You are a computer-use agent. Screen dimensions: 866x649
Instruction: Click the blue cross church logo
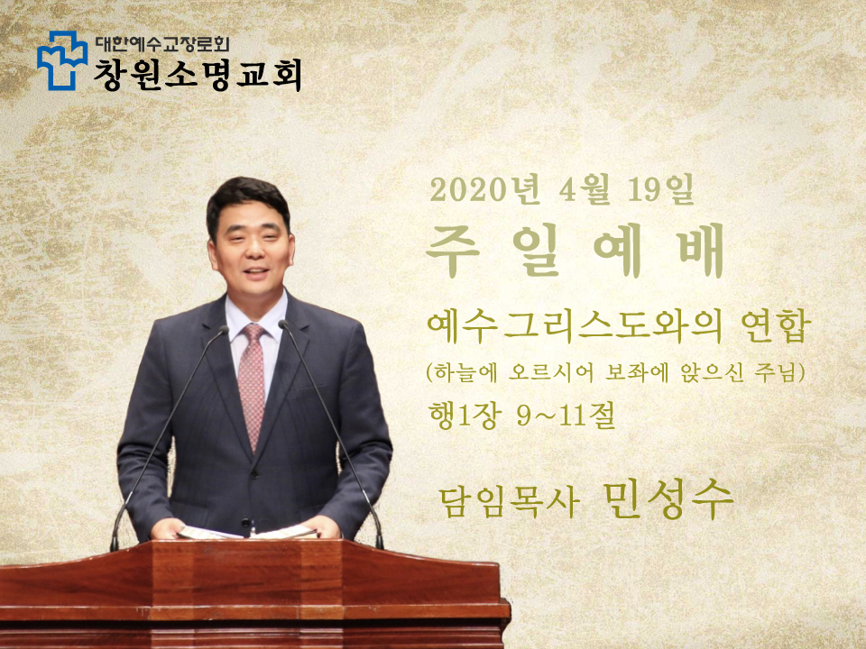(x=62, y=60)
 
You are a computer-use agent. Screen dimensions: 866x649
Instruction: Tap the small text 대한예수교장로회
(x=161, y=43)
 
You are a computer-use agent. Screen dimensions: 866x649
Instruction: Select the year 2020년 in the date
(x=485, y=190)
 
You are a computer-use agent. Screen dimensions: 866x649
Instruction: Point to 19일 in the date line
(x=660, y=190)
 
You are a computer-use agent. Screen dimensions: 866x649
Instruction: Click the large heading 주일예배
(x=575, y=251)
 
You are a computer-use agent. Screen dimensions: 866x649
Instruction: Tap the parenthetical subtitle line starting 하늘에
(x=616, y=373)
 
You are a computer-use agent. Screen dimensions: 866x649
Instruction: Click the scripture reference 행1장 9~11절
(x=522, y=416)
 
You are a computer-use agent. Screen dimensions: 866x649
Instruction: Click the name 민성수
(x=668, y=499)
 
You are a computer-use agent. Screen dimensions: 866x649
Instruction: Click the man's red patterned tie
(x=252, y=383)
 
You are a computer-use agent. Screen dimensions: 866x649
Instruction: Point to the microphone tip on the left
(x=223, y=330)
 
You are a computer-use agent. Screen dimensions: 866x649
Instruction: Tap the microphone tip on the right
(x=284, y=324)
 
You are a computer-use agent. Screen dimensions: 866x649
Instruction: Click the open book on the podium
(x=247, y=533)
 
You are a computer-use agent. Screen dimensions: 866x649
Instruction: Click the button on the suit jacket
(x=245, y=522)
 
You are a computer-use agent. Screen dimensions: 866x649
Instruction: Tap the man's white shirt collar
(x=256, y=314)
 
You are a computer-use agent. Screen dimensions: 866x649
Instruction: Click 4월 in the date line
(x=585, y=190)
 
